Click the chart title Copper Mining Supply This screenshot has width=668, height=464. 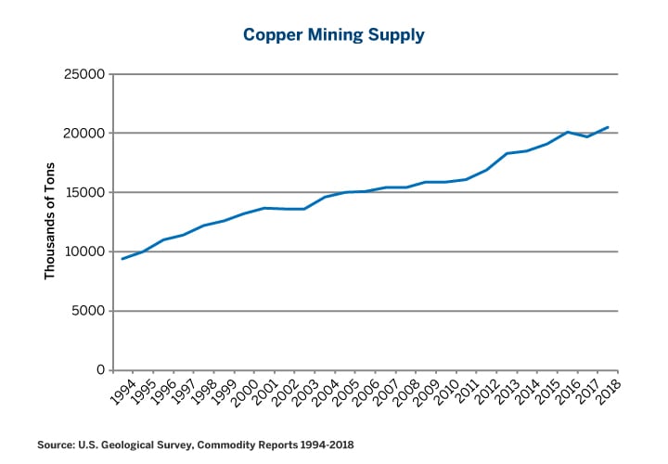point(333,35)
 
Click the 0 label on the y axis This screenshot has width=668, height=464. point(99,370)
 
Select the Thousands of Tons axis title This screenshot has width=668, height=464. point(50,221)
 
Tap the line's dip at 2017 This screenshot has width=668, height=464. point(587,137)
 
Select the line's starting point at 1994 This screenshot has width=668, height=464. point(122,259)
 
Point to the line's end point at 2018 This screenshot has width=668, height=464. point(608,127)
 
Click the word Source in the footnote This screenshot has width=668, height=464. point(57,445)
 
